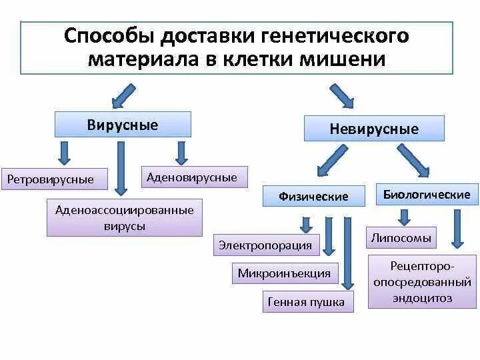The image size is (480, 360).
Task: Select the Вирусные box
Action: point(123,125)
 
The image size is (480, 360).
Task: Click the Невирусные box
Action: point(374,129)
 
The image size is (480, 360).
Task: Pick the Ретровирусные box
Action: point(51,179)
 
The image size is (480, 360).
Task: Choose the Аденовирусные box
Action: point(192,177)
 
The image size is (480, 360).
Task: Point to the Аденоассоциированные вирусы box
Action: point(125,218)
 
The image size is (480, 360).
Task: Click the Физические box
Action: point(313,196)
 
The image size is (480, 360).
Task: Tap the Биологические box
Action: point(427,195)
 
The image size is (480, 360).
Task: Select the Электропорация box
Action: point(265,245)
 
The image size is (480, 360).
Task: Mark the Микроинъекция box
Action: point(285,273)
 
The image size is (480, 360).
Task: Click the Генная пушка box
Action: point(306,301)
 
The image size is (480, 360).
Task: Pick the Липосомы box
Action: point(400,237)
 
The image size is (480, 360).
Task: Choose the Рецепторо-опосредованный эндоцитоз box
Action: point(422,281)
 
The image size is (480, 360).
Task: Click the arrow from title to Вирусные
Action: point(125,93)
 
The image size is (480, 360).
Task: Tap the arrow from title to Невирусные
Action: point(343,95)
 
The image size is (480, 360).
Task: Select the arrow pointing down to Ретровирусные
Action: point(63,153)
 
